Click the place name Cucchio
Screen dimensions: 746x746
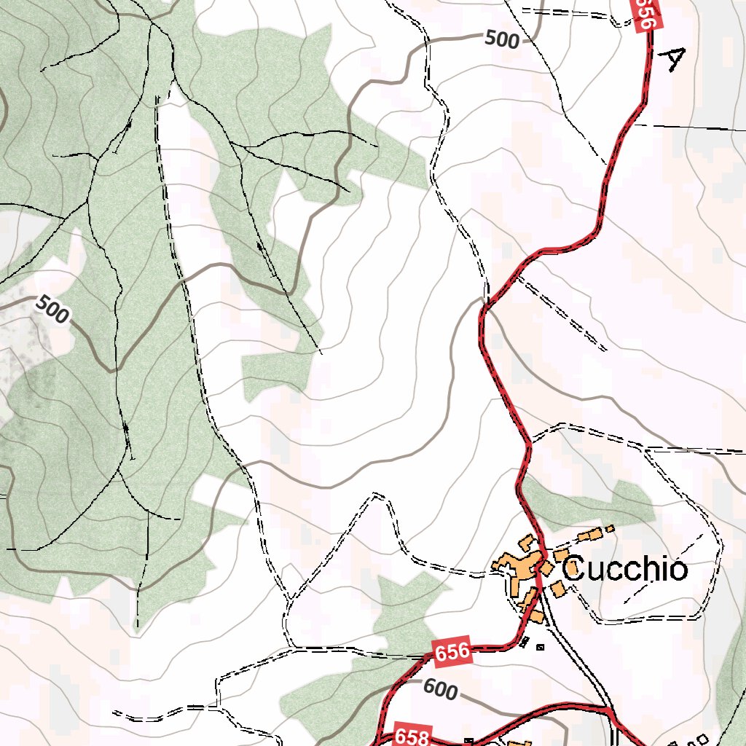624,569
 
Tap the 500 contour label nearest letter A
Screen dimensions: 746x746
502,39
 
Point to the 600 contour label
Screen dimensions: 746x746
440,689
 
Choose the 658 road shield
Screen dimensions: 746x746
413,735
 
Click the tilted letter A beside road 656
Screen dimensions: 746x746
673,59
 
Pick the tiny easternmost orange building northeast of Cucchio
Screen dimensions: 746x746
610,528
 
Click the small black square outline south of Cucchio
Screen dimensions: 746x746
540,645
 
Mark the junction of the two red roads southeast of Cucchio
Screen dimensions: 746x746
608,708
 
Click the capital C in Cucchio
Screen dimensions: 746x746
574,569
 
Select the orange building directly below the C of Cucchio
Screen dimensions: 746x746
558,589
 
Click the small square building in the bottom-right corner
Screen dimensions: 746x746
702,739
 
